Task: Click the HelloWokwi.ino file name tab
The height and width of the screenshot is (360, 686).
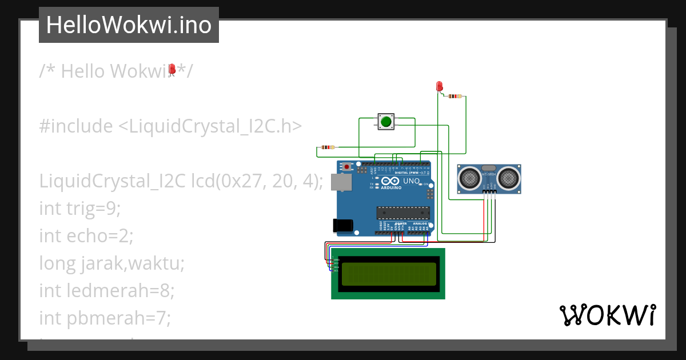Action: (x=129, y=25)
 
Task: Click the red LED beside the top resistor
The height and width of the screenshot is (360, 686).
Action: (x=439, y=86)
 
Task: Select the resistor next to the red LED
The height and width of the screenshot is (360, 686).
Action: (x=455, y=96)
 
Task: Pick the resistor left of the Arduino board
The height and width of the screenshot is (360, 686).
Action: (x=328, y=147)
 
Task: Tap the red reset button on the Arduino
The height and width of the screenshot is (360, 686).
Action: (x=347, y=167)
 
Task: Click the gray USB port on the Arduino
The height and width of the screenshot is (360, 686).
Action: (x=342, y=182)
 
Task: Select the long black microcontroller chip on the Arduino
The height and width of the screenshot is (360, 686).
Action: (x=402, y=213)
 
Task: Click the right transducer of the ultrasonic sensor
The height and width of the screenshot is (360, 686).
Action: (x=508, y=178)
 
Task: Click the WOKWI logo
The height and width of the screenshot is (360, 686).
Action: (x=607, y=315)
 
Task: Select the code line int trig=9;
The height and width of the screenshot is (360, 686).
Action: (x=80, y=209)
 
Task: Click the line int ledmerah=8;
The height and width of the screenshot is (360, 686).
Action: (x=106, y=290)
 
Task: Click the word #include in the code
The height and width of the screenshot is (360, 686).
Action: (x=75, y=126)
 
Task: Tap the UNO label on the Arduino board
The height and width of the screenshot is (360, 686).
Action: (x=411, y=181)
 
